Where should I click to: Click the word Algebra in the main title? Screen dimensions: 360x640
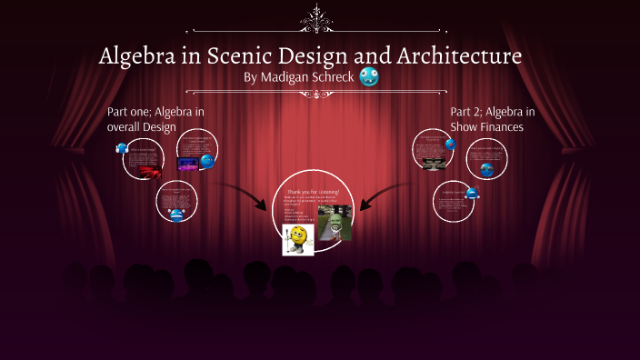click(138, 56)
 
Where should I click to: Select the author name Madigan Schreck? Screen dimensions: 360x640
click(299, 78)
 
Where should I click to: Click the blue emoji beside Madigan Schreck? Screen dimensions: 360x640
click(369, 77)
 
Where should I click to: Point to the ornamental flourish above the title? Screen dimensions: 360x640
click(318, 18)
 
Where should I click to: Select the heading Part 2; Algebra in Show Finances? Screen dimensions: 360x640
click(492, 119)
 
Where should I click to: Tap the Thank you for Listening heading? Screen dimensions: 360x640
click(313, 192)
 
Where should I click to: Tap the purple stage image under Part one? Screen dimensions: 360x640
click(188, 164)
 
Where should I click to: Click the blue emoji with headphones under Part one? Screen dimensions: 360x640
click(122, 149)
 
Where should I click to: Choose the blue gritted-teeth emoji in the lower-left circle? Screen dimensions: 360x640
click(176, 215)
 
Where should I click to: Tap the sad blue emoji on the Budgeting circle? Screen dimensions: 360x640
click(472, 193)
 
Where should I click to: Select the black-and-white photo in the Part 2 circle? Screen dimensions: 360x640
click(432, 155)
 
